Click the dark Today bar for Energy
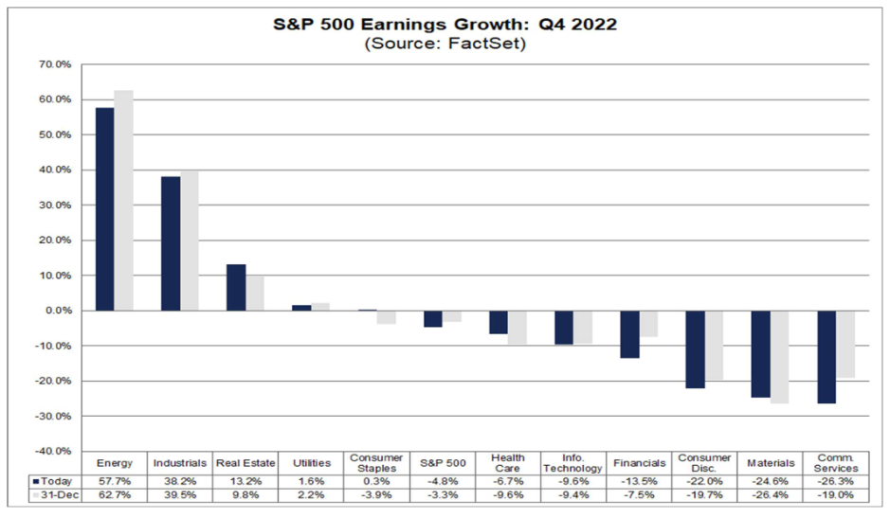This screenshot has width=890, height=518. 104,209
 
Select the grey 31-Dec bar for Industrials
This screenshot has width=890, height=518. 190,241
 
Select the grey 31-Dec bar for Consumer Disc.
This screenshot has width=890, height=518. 714,345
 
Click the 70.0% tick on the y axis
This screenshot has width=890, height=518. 56,64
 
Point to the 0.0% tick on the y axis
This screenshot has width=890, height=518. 60,311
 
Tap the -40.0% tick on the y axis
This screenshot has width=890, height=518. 54,451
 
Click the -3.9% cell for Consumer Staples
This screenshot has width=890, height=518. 376,495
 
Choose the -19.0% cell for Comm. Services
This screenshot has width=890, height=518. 835,495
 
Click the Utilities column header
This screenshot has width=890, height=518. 311,463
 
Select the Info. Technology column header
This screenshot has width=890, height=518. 572,463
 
